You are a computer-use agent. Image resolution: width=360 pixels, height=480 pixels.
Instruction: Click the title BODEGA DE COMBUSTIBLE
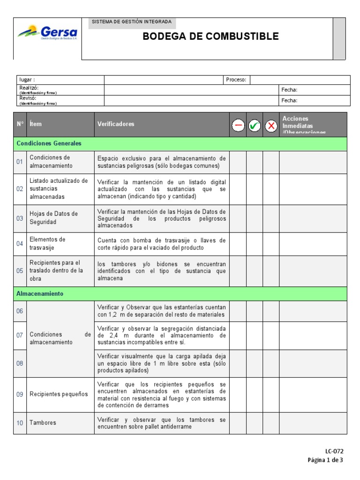tap(210, 37)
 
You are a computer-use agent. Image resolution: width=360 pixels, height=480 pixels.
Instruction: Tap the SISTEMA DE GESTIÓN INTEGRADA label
tap(132, 22)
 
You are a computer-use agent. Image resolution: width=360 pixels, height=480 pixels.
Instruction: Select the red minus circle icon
tap(238, 126)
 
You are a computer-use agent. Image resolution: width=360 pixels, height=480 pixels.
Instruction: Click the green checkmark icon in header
tap(255, 126)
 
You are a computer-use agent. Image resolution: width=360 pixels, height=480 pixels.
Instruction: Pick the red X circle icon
tap(271, 126)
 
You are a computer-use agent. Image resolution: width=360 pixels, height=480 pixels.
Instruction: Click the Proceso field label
tap(236, 80)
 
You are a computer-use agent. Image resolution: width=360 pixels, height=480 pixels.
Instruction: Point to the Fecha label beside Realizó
tap(289, 90)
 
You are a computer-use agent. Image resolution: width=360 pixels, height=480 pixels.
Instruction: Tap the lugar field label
tap(26, 80)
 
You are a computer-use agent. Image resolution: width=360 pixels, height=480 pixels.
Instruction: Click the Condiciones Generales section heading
tap(49, 143)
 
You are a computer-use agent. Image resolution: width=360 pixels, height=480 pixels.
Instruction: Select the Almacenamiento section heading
tap(40, 293)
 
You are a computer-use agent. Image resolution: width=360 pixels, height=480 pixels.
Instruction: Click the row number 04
tap(20, 244)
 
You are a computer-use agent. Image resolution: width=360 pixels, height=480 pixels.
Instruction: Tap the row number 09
tap(20, 394)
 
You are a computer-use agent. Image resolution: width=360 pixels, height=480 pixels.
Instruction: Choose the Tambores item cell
tap(43, 423)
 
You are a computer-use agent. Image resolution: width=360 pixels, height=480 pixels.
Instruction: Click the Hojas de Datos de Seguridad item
tap(53, 217)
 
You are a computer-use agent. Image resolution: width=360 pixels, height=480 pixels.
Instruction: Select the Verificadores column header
tap(116, 124)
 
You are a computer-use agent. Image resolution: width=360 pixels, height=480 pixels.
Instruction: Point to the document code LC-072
tap(334, 451)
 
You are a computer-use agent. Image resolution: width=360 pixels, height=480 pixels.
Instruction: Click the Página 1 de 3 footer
tap(325, 460)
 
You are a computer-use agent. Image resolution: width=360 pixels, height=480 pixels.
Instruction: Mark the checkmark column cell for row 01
tap(255, 162)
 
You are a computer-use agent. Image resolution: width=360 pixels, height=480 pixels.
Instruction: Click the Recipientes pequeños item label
tap(59, 394)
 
